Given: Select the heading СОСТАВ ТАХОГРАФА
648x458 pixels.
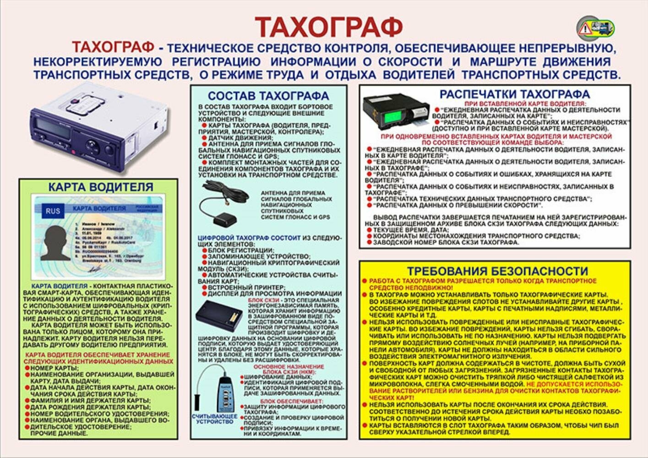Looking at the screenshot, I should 268,96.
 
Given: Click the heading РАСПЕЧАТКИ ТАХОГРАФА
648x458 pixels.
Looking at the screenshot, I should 514,94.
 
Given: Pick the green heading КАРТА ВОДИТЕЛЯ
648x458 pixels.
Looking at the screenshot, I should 101,187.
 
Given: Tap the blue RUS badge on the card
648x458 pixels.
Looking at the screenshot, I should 52,211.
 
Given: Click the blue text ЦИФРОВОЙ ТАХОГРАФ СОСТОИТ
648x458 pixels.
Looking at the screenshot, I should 249,238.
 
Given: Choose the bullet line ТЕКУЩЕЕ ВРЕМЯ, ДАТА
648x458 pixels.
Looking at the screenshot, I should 410,229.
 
